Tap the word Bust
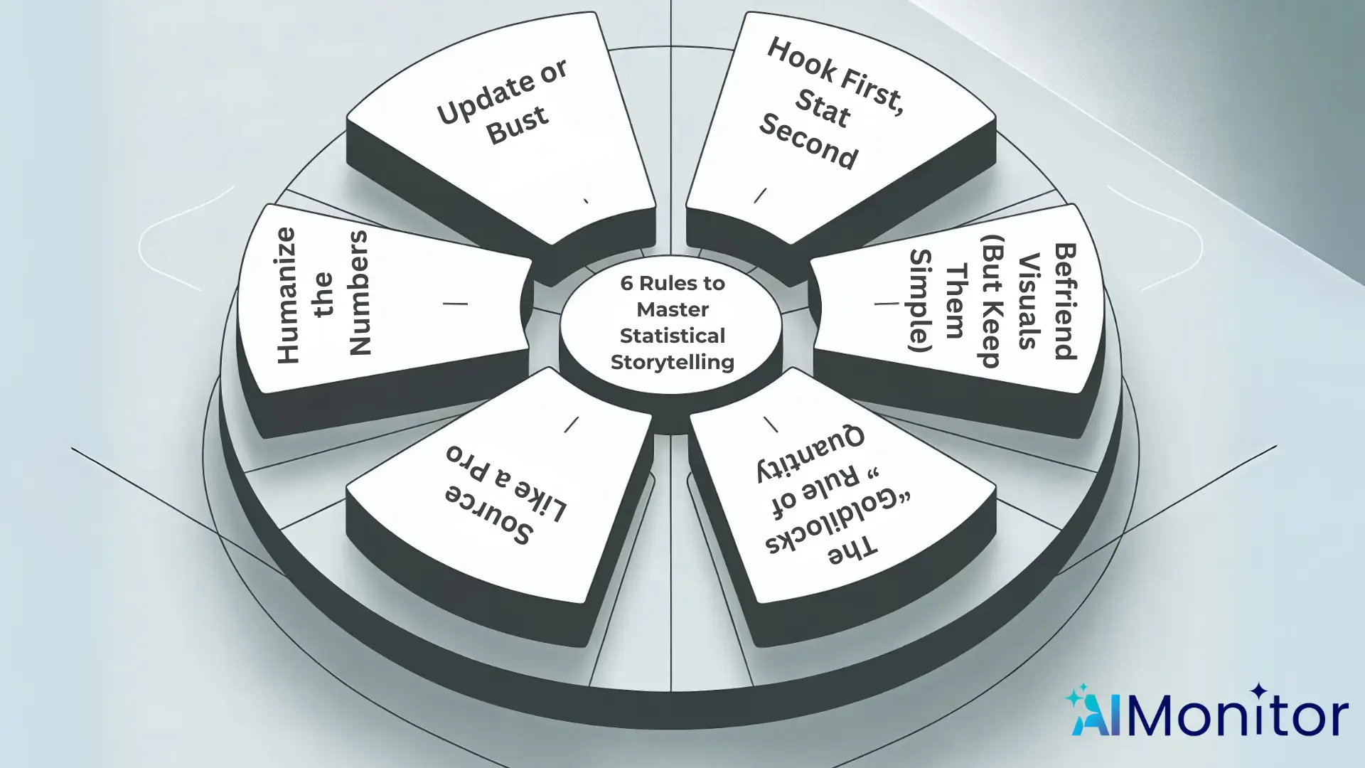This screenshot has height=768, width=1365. [518, 126]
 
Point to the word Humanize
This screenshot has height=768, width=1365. [287, 295]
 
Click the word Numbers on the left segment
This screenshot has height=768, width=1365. [359, 292]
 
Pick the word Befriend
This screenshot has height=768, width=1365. [1065, 302]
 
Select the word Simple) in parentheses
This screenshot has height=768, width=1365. [920, 301]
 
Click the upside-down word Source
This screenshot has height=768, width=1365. [489, 514]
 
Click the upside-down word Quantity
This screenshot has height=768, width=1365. [810, 453]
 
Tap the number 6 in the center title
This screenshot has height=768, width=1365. [626, 283]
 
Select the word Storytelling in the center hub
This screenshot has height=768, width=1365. [672, 362]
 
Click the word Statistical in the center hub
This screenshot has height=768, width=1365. [672, 336]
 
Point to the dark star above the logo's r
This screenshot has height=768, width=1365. [1259, 690]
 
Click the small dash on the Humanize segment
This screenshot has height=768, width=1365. [455, 304]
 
